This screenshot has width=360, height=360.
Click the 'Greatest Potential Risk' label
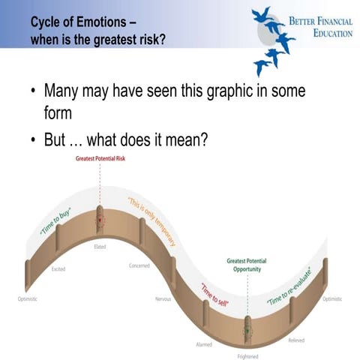click(x=100, y=160)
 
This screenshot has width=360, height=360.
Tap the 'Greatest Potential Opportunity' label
click(x=247, y=265)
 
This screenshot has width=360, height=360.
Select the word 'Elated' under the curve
click(x=99, y=246)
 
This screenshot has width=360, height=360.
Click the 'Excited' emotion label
click(x=58, y=268)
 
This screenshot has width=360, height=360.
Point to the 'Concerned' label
click(x=139, y=265)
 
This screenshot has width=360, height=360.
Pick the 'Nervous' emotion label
click(x=163, y=298)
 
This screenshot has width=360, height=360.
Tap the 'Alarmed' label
click(x=204, y=344)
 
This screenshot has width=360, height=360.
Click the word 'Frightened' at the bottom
click(x=247, y=355)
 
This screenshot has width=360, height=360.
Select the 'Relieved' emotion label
click(x=296, y=340)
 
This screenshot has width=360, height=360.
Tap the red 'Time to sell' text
click(x=213, y=294)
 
